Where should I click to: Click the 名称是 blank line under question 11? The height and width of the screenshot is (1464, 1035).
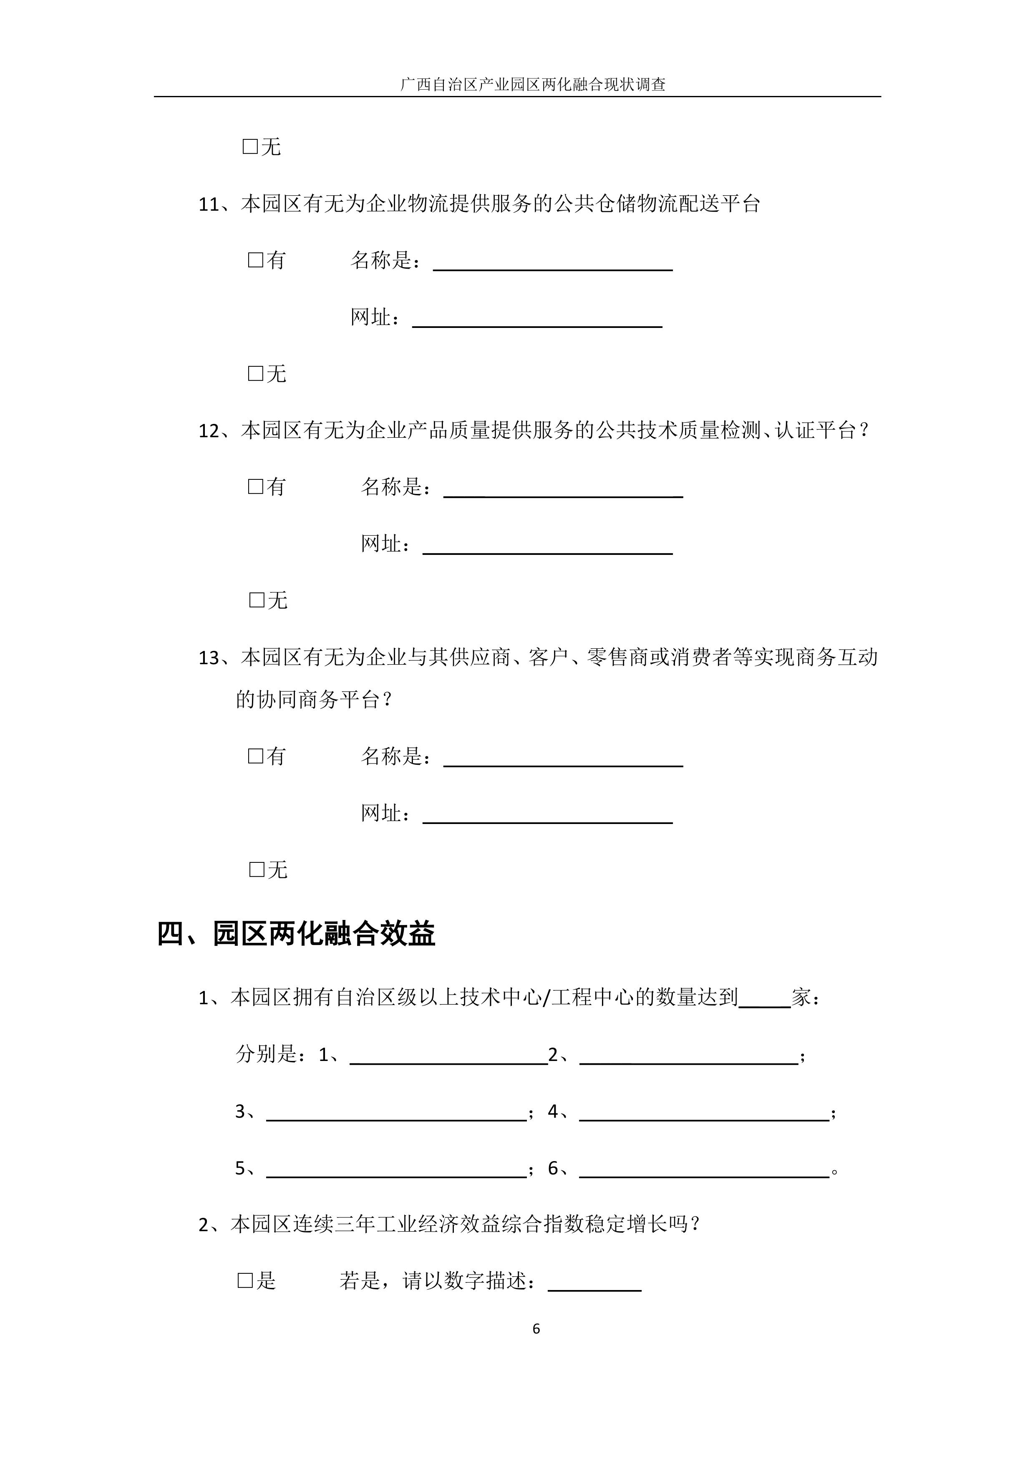552,265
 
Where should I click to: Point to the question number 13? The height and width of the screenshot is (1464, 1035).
209,658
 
